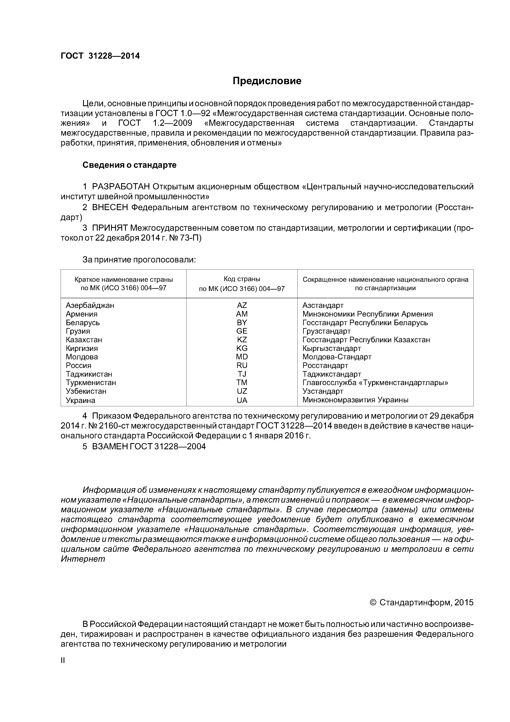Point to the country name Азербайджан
[90, 305]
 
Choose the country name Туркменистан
[91, 383]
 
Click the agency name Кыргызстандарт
[331, 348]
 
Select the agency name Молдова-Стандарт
[337, 357]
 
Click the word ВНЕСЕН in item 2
[110, 207]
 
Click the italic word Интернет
[83, 559]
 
